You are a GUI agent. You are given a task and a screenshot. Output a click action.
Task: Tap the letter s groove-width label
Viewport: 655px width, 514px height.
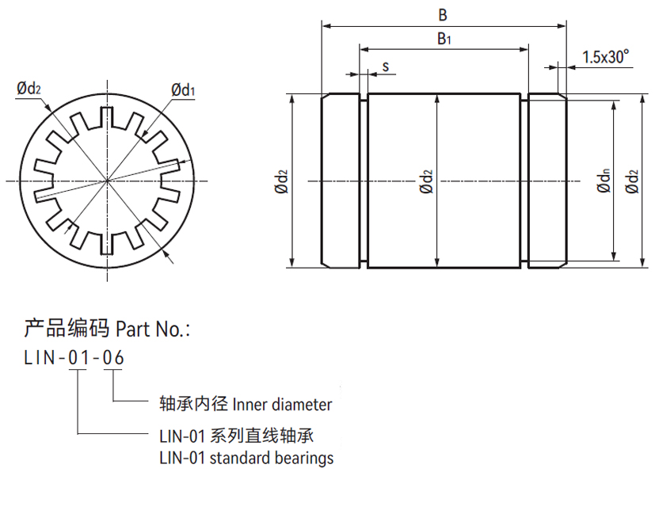pyautogui.click(x=385, y=67)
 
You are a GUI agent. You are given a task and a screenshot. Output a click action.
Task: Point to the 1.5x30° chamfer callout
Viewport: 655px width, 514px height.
pyautogui.click(x=605, y=57)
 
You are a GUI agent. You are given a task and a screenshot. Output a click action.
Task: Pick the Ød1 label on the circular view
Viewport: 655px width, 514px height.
pyautogui.click(x=183, y=89)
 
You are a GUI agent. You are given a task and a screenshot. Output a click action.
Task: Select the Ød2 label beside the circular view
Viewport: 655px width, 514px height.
pyautogui.click(x=29, y=89)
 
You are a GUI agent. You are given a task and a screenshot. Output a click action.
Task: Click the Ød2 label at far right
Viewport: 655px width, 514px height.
pyautogui.click(x=631, y=181)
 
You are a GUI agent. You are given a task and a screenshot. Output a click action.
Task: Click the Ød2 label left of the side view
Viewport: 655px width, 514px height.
pyautogui.click(x=281, y=181)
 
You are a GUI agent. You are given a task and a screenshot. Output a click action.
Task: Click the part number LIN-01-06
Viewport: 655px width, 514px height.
pyautogui.click(x=74, y=358)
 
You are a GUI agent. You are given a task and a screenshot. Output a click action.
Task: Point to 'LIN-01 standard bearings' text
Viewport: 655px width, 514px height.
pyautogui.click(x=246, y=458)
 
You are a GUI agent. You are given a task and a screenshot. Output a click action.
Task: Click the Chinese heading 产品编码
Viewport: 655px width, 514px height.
pyautogui.click(x=67, y=328)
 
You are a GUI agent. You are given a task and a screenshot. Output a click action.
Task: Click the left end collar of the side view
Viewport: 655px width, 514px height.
pyautogui.click(x=341, y=181)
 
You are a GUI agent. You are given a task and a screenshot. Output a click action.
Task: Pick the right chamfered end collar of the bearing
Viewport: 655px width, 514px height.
pyautogui.click(x=546, y=181)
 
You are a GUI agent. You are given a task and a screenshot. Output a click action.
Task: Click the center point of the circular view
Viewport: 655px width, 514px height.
pyautogui.click(x=107, y=181)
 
